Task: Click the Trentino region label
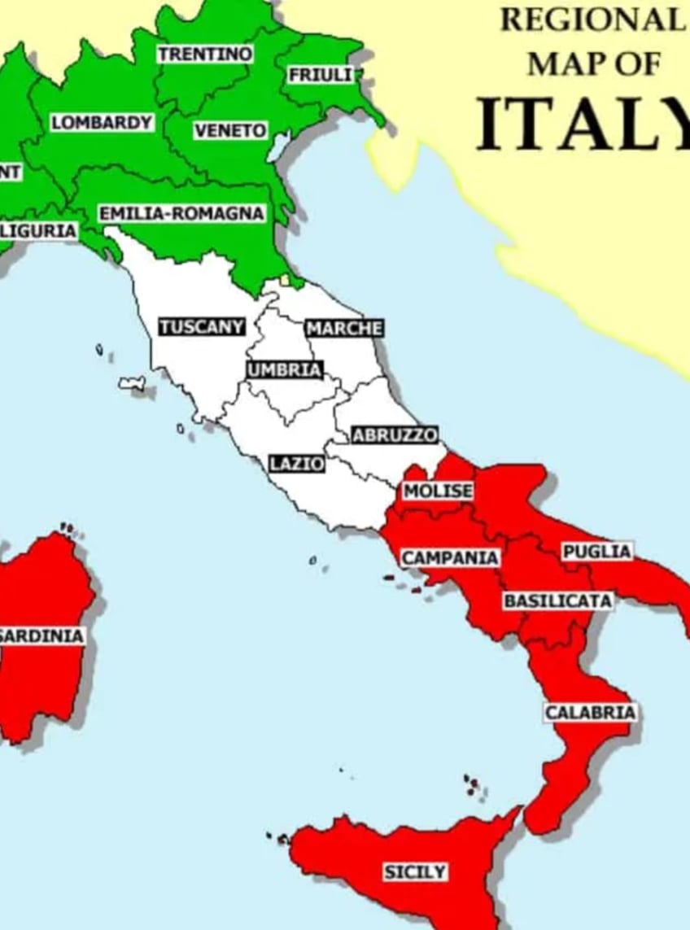tap(205, 55)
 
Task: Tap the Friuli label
tap(321, 75)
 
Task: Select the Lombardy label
tap(102, 123)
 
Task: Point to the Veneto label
tap(230, 131)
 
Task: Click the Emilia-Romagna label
tap(182, 213)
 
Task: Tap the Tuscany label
tap(202, 327)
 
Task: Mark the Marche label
tap(343, 328)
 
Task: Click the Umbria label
tap(284, 369)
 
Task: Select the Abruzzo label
tap(395, 434)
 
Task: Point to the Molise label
tap(438, 491)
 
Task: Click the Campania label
tap(450, 558)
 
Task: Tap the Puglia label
tap(596, 552)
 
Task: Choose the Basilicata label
tap(557, 600)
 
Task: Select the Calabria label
tap(590, 713)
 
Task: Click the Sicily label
tap(415, 872)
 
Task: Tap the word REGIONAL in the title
tap(592, 20)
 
